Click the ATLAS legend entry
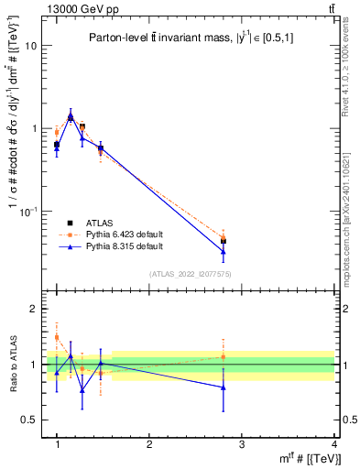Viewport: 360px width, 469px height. click(101, 223)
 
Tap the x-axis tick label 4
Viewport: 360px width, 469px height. click(334, 444)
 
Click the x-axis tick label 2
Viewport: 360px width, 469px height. click(149, 444)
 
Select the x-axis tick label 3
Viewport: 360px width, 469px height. click(242, 444)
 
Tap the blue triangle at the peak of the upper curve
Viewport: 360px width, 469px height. click(71, 116)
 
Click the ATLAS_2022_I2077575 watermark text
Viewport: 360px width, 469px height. click(191, 274)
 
